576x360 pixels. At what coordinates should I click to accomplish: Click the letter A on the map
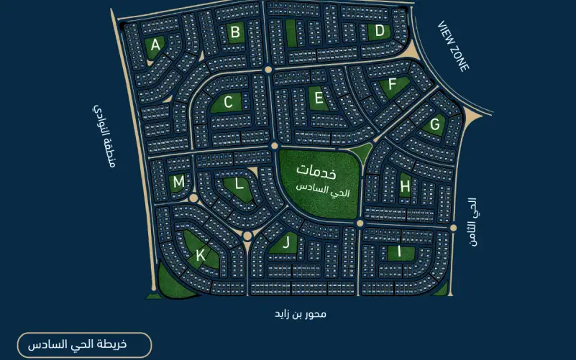coord(155,45)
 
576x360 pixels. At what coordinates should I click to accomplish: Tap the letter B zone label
coord(234,32)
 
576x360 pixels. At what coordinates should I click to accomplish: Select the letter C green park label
coord(228,103)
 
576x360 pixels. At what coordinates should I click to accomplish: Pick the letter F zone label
coord(392,84)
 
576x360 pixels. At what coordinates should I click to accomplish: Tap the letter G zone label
coord(434,124)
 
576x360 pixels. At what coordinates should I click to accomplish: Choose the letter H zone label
coord(405,187)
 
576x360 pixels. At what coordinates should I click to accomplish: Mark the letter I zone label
coord(401,251)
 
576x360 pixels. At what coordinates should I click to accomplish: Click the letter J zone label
coord(286,242)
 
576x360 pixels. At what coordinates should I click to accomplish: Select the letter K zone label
coord(201,254)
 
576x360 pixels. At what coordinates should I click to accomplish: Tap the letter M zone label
coord(178,183)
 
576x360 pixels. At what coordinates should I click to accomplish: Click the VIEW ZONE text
coord(454,46)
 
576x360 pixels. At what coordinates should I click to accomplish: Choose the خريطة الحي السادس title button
coord(84,345)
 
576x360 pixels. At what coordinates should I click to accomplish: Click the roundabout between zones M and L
coord(193,198)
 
